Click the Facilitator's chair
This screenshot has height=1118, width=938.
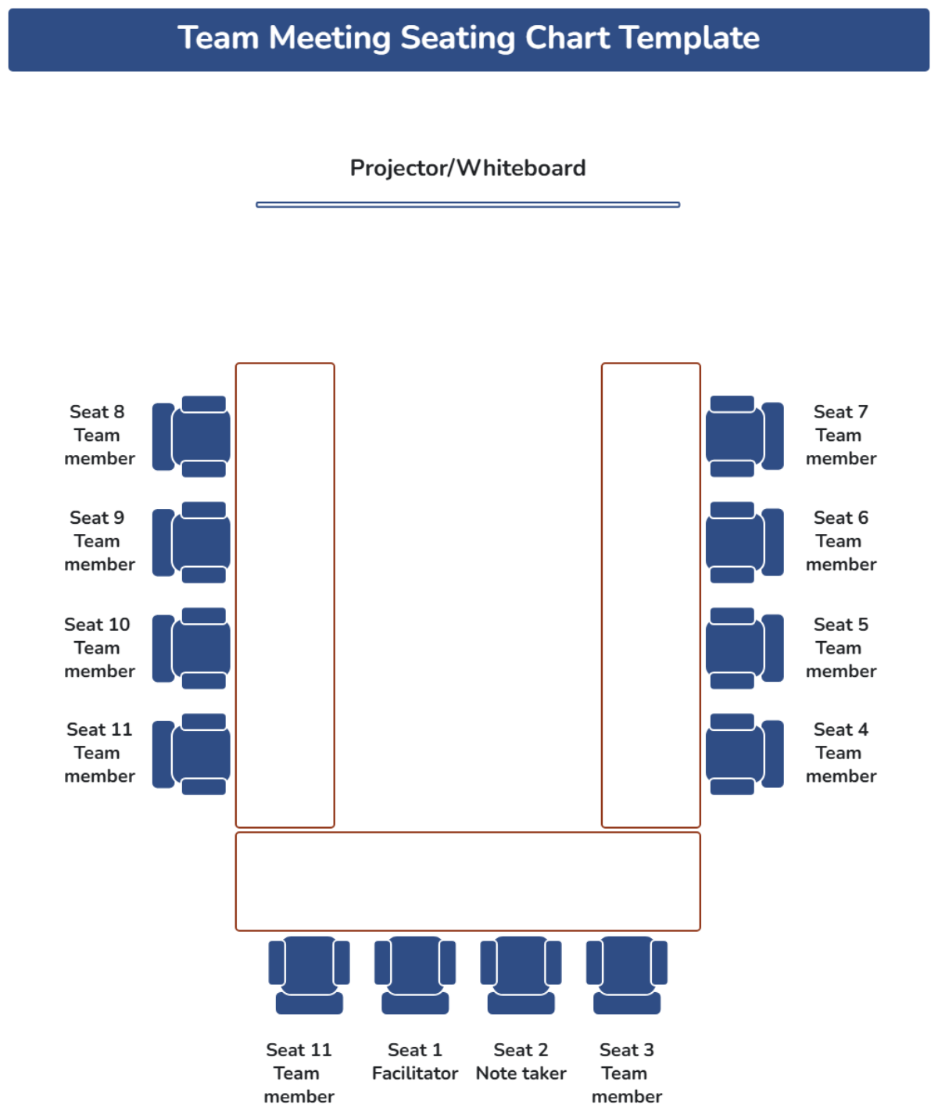pos(415,974)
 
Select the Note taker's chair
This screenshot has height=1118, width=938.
pos(521,974)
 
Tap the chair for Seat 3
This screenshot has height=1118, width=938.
pos(627,974)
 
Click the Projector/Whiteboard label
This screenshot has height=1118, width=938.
pos(467,168)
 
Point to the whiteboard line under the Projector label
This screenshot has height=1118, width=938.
pos(467,205)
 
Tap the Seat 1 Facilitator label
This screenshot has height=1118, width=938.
pos(415,1062)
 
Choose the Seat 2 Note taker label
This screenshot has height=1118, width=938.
pos(521,1062)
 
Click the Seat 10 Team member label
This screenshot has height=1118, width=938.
pos(98,648)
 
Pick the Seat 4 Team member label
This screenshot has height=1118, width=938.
pos(840,753)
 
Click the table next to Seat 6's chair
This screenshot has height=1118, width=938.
pos(650,543)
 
